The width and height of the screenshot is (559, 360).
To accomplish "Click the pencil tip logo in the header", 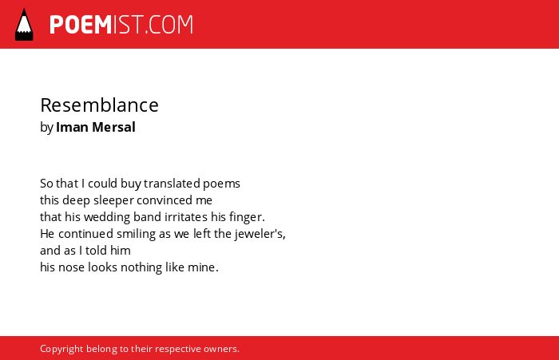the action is (24, 25).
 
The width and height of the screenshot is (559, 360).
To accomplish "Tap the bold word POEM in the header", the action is (81, 25).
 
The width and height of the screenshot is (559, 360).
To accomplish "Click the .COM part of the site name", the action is (169, 25).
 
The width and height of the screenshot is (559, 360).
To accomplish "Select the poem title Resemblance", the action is (99, 105).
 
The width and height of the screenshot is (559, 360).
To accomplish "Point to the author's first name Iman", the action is (72, 127).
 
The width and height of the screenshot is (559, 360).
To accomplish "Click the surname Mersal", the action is (113, 127).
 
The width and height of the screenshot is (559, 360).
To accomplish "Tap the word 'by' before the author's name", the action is (46, 128).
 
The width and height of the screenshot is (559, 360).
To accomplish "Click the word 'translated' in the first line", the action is (172, 184).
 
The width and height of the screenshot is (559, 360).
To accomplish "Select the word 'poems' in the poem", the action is (221, 184).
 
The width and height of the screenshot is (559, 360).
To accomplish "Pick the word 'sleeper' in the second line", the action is (113, 200).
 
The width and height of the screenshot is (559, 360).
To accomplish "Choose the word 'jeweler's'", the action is (259, 234).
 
